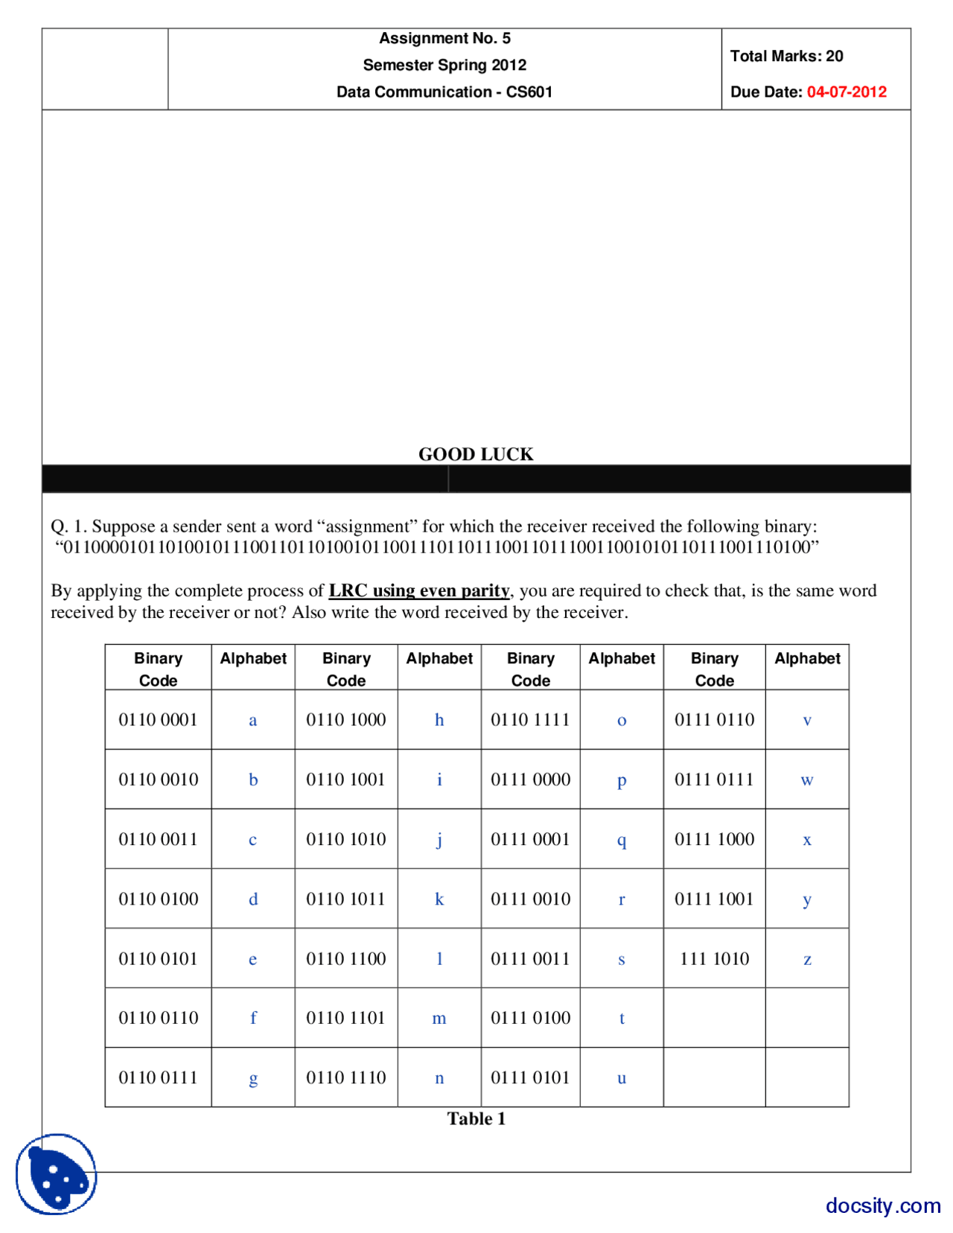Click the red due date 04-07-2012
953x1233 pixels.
click(847, 92)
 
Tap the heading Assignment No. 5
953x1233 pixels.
click(444, 38)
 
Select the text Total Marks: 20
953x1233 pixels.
click(786, 56)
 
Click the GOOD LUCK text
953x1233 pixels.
click(476, 453)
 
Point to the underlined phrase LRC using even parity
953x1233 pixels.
click(419, 590)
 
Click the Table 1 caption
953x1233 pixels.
click(476, 1118)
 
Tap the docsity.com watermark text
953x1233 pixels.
click(882, 1205)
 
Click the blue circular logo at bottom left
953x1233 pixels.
click(57, 1174)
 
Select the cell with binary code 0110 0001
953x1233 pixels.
click(158, 720)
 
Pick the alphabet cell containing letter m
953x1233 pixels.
click(439, 1018)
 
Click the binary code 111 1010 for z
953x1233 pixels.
click(714, 958)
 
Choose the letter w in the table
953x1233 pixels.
click(806, 780)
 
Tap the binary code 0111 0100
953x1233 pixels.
click(530, 1018)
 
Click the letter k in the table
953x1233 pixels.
click(439, 899)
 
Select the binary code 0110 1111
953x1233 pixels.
click(530, 720)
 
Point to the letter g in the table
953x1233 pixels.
click(253, 1078)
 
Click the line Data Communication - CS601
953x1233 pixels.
click(444, 92)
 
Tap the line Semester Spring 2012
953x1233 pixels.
click(444, 65)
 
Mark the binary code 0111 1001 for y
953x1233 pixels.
click(714, 899)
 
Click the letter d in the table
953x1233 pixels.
click(253, 899)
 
